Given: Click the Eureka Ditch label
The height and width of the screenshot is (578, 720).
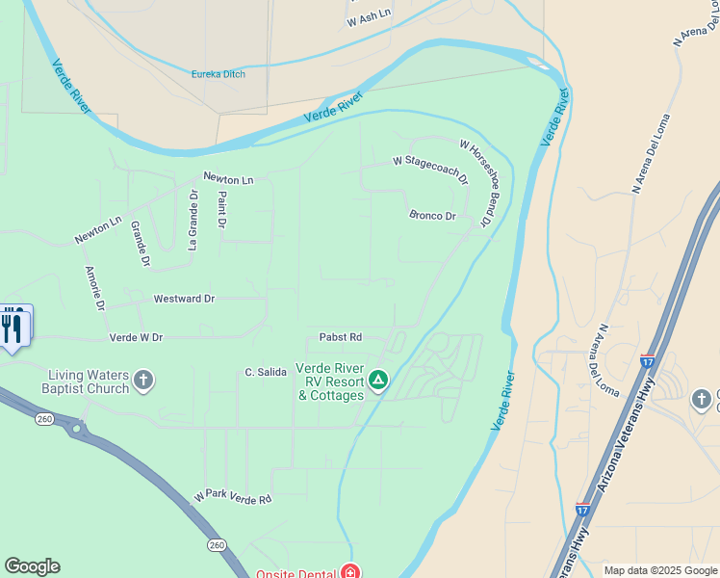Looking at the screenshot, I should (x=219, y=74).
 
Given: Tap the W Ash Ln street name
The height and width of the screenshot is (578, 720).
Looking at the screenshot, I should (x=371, y=16).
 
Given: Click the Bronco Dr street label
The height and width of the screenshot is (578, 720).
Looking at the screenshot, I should (x=432, y=216).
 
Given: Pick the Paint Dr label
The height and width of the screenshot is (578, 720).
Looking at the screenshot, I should (x=221, y=210).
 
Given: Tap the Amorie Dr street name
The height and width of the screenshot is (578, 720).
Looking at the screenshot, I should (x=94, y=288).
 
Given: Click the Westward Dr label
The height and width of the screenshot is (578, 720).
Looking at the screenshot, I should (x=184, y=299).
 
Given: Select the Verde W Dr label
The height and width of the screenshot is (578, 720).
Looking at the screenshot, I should (x=137, y=338).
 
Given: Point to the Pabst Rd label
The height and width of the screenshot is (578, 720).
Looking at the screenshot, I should (x=341, y=337).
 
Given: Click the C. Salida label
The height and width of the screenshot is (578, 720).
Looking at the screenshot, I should (x=266, y=372).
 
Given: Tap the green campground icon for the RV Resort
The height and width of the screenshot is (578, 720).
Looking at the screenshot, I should (x=379, y=381).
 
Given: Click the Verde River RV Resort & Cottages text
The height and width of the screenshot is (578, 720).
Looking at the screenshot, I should (x=329, y=381).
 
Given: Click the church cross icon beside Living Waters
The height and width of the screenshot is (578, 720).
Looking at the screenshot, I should (x=143, y=381).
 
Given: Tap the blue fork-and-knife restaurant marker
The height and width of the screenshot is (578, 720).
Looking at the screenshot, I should (x=13, y=328).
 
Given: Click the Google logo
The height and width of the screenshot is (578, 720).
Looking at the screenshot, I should (x=32, y=566).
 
